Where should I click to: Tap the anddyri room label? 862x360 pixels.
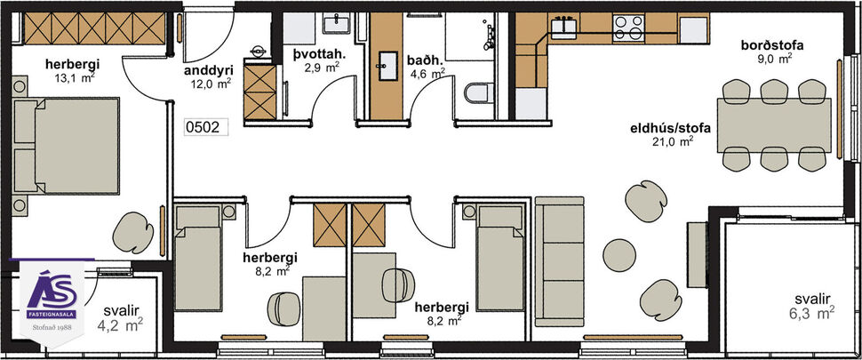coord(208,70)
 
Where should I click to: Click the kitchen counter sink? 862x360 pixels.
coord(563,27)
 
